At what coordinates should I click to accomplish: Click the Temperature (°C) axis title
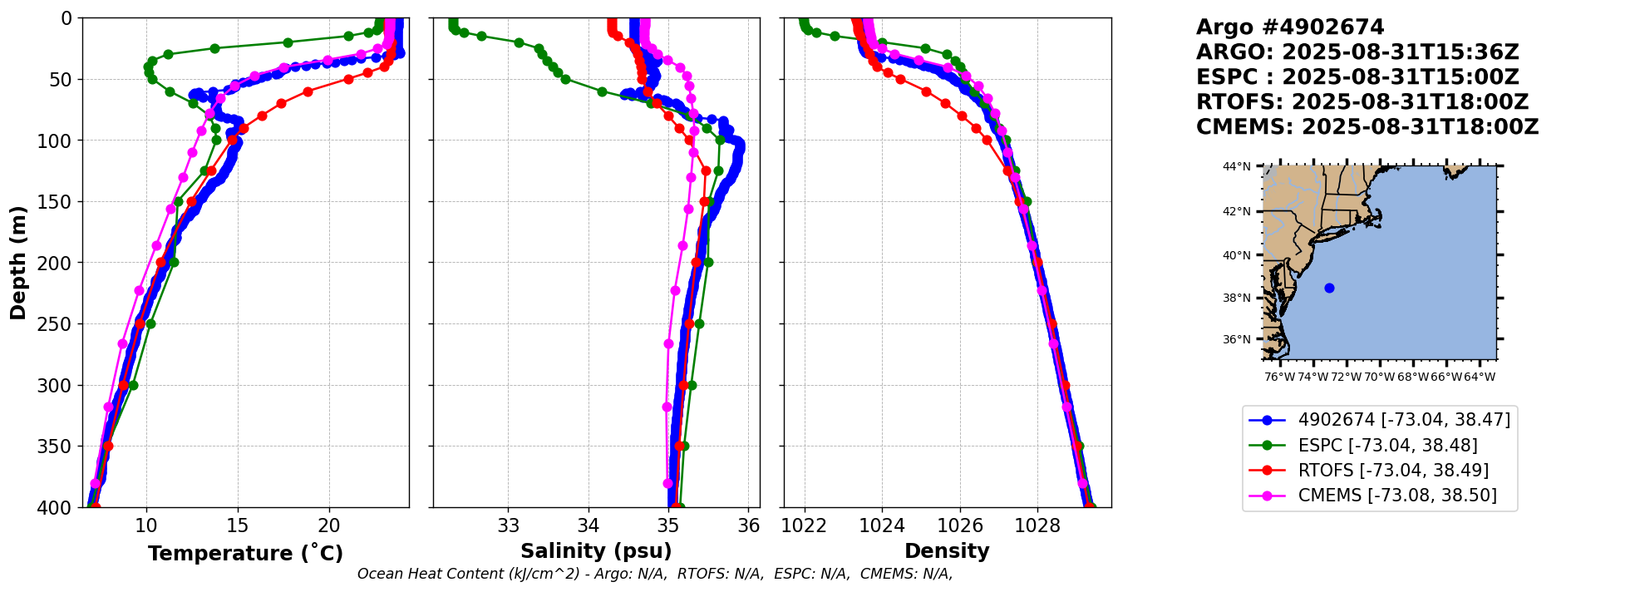[x=245, y=554]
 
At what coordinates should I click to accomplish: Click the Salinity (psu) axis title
[x=596, y=551]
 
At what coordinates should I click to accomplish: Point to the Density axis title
[x=947, y=551]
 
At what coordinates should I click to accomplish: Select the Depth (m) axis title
[x=18, y=262]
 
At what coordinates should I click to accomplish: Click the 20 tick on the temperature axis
[x=329, y=525]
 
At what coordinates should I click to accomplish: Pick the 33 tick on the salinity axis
[x=509, y=525]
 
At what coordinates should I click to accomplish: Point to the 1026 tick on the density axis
[x=960, y=525]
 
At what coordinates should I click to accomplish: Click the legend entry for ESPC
[x=1387, y=446]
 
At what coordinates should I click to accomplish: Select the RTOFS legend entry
[x=1393, y=471]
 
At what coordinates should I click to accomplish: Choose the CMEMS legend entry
[x=1397, y=496]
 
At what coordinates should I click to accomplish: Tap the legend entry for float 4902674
[x=1404, y=421]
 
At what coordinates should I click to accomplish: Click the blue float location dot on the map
[x=1329, y=288]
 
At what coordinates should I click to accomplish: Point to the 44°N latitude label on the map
[x=1236, y=167]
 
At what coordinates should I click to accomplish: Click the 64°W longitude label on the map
[x=1480, y=377]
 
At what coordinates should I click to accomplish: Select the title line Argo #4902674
[x=1290, y=27]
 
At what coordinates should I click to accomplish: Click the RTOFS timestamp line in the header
[x=1362, y=102]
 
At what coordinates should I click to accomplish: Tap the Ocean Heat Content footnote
[x=655, y=574]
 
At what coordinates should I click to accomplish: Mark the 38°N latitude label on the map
[x=1236, y=298]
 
